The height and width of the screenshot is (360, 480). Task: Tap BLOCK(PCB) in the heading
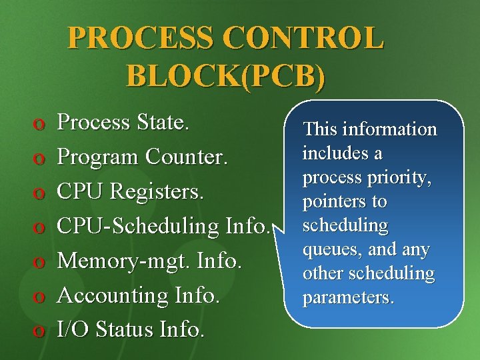(x=226, y=75)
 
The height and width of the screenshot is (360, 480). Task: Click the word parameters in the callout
(x=348, y=298)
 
